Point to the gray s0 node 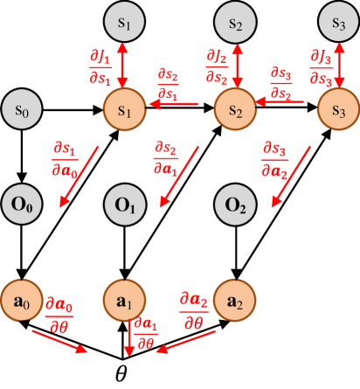click(21, 110)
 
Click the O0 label click(21, 206)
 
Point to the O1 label click(123, 206)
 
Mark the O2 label click(233, 206)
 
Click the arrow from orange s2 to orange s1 click(179, 105)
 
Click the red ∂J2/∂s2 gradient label click(216, 66)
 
